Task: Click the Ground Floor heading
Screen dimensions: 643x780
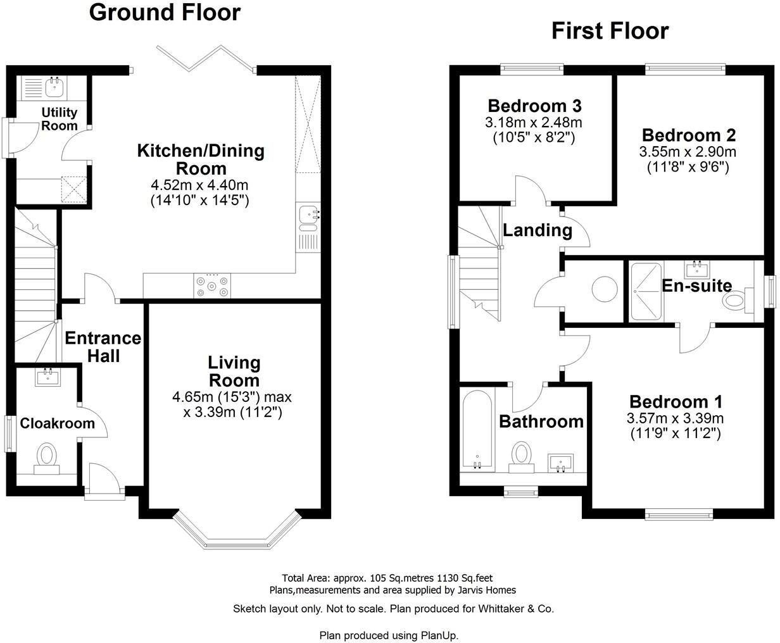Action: coord(165,12)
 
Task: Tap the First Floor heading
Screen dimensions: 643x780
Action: coord(610,30)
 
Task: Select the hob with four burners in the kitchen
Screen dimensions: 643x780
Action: coord(211,284)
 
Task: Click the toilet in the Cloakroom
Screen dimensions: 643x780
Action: coord(46,457)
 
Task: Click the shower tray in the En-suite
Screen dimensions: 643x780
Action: coord(645,291)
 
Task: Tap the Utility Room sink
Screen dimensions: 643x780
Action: coord(53,87)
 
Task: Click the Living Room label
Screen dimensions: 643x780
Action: coord(234,371)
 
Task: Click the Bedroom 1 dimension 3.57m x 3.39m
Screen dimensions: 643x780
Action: coord(675,418)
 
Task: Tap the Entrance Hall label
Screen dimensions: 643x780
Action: coord(103,347)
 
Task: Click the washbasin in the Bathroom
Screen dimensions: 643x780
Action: coord(560,462)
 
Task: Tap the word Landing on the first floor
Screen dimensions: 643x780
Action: coord(538,230)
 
